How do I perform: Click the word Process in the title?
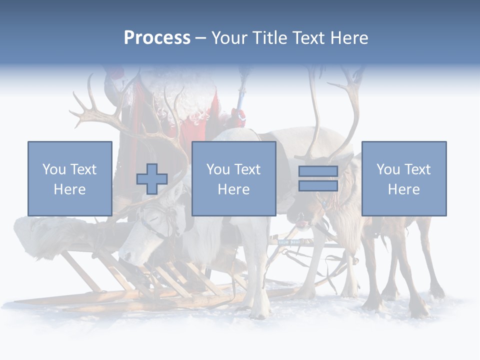pos(157,38)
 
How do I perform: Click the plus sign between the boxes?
pos(152,179)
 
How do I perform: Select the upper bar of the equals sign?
pos(318,171)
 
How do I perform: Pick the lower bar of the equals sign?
pos(318,186)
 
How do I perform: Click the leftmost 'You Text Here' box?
pos(70,178)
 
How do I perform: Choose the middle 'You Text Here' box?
pos(233,178)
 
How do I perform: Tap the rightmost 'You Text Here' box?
pos(403,178)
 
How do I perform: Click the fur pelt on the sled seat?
pos(45,235)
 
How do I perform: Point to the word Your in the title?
pos(228,38)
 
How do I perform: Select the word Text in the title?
pos(307,38)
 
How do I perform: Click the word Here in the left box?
pos(70,189)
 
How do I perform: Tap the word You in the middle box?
pos(218,169)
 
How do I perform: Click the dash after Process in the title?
pos(200,38)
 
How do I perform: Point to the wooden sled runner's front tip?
pos(20,302)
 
